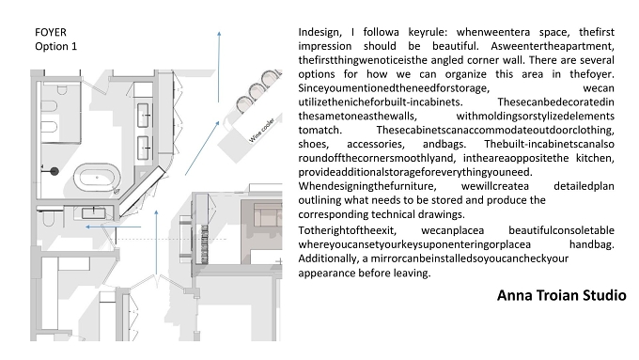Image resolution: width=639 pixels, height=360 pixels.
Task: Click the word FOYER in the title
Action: [x=51, y=32]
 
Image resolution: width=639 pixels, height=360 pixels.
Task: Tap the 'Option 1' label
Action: [x=55, y=46]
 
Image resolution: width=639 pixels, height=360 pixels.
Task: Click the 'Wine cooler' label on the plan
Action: [x=261, y=130]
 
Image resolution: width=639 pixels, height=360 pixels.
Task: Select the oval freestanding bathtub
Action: [x=97, y=178]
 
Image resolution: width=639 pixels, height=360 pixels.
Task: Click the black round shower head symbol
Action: [x=55, y=171]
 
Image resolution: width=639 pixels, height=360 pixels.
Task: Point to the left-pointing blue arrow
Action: [x=114, y=227]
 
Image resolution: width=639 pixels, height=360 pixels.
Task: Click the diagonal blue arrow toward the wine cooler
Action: [x=202, y=148]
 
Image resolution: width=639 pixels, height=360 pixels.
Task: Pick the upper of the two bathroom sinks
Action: [x=143, y=115]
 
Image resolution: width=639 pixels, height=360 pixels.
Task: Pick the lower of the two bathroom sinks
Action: [x=143, y=148]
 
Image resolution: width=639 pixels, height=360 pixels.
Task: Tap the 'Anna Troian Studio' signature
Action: [x=562, y=295]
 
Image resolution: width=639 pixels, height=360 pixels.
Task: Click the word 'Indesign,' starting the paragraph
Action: [x=319, y=32]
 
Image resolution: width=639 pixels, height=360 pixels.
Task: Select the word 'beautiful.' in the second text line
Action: [x=455, y=46]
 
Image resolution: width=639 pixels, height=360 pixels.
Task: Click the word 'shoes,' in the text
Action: [x=313, y=145]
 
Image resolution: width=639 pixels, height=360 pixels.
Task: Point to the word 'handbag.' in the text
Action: [x=592, y=244]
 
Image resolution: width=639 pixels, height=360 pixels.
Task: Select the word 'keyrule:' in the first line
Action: [x=428, y=32]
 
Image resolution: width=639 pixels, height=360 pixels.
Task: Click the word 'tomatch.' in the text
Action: [x=319, y=130]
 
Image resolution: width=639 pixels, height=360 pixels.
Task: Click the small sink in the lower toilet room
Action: [x=94, y=213]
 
